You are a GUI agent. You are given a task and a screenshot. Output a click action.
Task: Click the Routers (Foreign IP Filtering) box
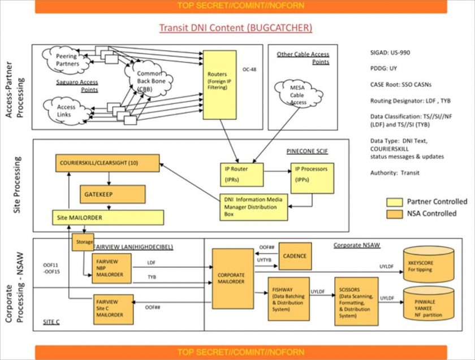pyautogui.click(x=219, y=84)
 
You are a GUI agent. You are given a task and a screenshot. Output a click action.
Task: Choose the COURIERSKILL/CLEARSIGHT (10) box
pyautogui.click(x=107, y=164)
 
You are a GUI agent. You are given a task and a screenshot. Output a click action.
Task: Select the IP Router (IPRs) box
pyautogui.click(x=241, y=175)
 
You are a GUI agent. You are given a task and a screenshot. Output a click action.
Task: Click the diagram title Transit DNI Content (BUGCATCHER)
pyautogui.click(x=235, y=28)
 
